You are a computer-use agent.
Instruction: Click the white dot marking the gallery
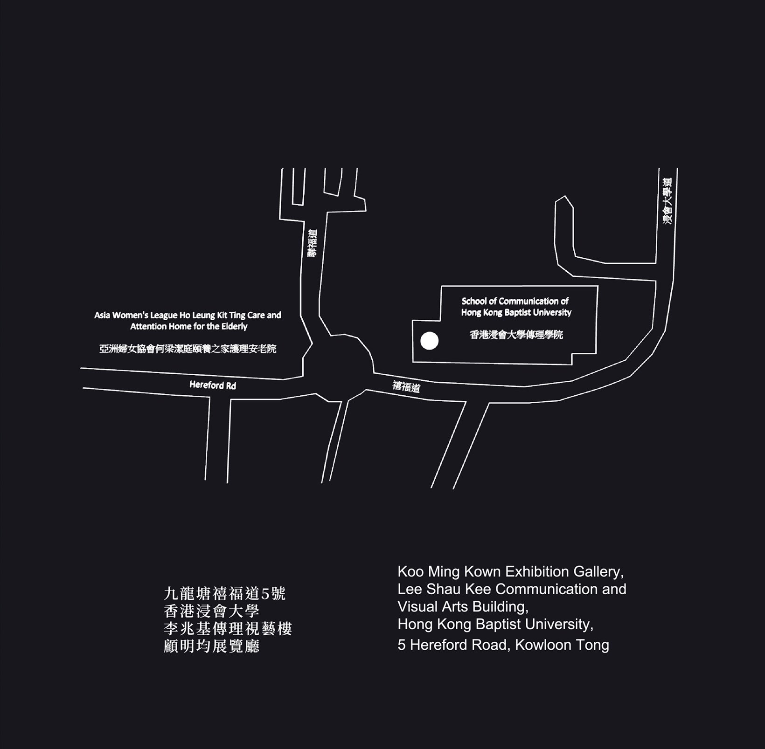click(430, 341)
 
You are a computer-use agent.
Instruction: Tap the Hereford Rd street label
click(213, 385)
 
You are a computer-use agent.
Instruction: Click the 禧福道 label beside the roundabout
click(406, 387)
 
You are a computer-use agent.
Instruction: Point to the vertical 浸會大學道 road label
click(668, 201)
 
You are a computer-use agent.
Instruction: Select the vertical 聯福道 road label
click(312, 242)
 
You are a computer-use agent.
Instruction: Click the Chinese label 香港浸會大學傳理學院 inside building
click(516, 335)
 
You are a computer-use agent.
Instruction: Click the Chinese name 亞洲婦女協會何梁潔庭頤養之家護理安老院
click(188, 349)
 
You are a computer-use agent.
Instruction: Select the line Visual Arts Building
click(463, 607)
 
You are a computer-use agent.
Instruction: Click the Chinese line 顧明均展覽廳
click(211, 646)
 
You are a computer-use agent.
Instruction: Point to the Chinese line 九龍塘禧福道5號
click(225, 594)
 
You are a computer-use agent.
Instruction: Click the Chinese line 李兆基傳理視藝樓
click(228, 629)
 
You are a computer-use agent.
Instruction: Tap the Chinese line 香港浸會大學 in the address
click(211, 611)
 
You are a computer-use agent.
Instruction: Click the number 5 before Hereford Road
click(402, 646)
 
